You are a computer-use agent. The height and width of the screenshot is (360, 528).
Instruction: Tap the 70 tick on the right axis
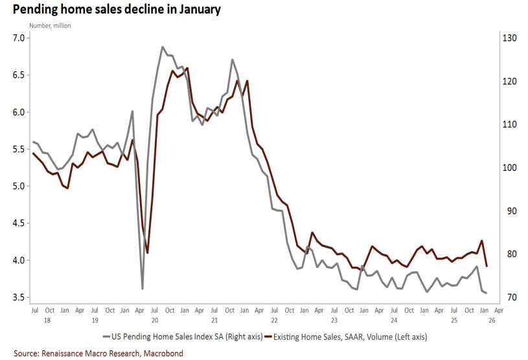pos(507,298)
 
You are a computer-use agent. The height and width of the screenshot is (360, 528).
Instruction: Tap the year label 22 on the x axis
pos(274,320)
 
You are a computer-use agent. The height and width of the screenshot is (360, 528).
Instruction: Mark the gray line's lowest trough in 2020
pos(143,288)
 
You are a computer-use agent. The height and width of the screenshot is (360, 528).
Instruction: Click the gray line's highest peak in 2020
pos(162,47)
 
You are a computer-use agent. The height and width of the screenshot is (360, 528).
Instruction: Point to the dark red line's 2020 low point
pos(147,253)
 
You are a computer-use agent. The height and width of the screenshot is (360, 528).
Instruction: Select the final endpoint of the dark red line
pos(487,266)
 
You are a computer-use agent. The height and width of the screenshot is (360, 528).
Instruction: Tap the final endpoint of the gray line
pos(487,293)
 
